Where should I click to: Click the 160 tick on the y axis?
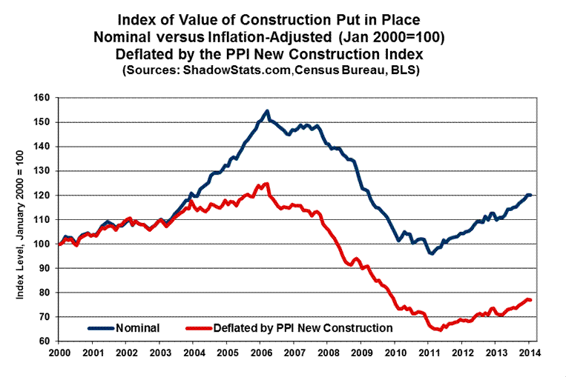[x=45, y=98]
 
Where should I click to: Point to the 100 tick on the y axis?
[x=45, y=244]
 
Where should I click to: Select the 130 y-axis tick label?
[x=45, y=171]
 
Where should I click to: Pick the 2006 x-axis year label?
[x=260, y=353]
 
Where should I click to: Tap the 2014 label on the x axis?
[x=530, y=353]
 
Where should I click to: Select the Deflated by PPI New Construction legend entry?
[x=302, y=326]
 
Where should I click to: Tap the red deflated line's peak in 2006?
[x=266, y=184]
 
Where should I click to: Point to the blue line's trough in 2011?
[x=430, y=253]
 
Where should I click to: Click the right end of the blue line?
[x=530, y=195]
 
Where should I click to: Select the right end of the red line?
[x=530, y=300]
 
